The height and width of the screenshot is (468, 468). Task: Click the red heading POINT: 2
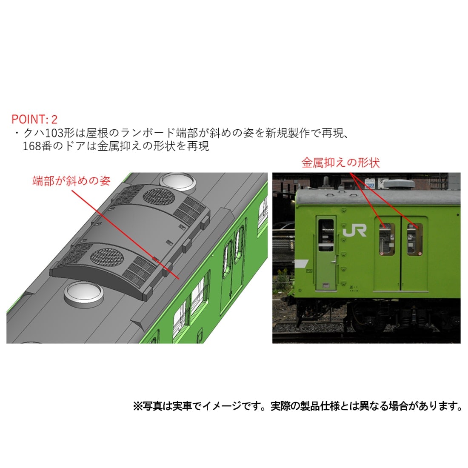pos(34,119)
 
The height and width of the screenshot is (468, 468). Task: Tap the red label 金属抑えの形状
pos(340,163)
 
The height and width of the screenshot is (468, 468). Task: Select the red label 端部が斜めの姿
pos(71,181)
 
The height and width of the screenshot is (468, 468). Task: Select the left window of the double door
pos(387,239)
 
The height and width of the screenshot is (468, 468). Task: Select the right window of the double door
pos(414,239)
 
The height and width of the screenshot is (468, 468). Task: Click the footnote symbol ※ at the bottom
pos(138,406)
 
